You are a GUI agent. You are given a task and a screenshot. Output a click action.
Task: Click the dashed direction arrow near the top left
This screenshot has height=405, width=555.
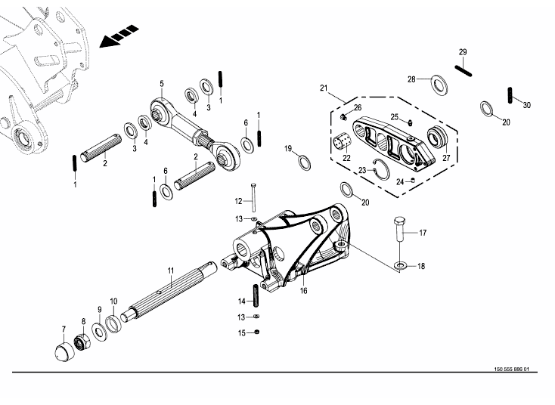click(x=119, y=36)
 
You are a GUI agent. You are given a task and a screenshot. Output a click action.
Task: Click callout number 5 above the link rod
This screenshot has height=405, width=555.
click(x=162, y=84)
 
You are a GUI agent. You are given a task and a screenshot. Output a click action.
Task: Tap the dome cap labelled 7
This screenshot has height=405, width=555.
click(x=64, y=351)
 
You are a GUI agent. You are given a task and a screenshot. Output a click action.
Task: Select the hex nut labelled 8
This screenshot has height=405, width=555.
click(x=82, y=342)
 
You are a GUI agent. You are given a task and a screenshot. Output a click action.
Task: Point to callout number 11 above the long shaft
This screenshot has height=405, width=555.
click(x=171, y=271)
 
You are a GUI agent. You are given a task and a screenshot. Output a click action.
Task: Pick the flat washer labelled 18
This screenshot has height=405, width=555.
click(x=400, y=265)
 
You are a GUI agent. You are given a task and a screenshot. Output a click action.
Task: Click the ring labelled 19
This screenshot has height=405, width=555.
click(x=303, y=162)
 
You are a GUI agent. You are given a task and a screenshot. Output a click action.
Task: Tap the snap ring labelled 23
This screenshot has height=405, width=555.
click(x=382, y=169)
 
